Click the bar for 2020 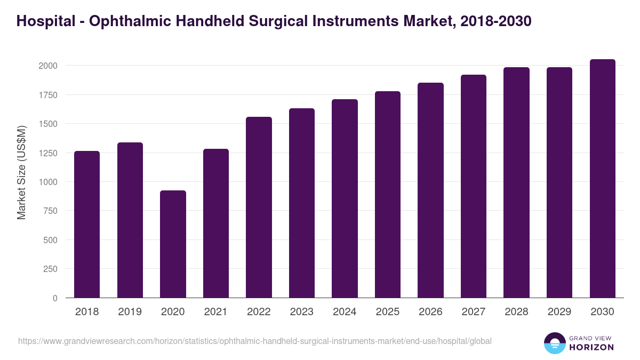173,244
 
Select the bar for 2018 87,225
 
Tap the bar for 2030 602,179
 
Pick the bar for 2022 259,207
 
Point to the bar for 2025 388,195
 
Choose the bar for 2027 474,186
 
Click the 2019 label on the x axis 130,312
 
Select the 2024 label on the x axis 345,312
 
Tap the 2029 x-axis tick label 559,312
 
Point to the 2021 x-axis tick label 215,312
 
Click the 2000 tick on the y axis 47,66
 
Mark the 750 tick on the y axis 50,211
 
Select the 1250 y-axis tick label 47,153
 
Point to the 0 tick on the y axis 55,298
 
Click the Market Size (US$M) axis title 21,172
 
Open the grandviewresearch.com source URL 255,341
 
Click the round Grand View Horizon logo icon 554,343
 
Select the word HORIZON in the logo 591,347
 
